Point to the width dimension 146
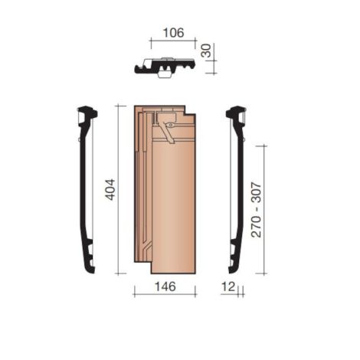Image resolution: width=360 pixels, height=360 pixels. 165,286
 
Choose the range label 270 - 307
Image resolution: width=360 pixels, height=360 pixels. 256,209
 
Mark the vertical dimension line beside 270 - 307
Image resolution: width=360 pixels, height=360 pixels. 265,209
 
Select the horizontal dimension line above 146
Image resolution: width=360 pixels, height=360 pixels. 165,294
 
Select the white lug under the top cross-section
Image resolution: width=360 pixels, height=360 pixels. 164,74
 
